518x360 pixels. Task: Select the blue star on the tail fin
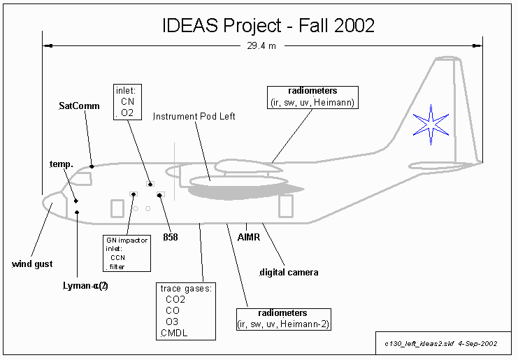point(430,124)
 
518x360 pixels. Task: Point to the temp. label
point(62,164)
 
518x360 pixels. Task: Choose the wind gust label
point(32,264)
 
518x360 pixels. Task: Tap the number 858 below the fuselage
point(171,237)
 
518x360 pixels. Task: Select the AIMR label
point(249,237)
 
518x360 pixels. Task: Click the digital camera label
point(289,272)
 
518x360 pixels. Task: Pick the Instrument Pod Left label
point(194,117)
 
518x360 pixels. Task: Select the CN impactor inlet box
point(127,252)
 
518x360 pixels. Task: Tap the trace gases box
point(186,310)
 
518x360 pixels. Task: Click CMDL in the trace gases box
point(174,333)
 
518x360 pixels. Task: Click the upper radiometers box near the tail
point(313,97)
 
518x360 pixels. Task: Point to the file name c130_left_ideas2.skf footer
point(440,345)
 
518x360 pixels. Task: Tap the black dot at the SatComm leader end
point(92,166)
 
